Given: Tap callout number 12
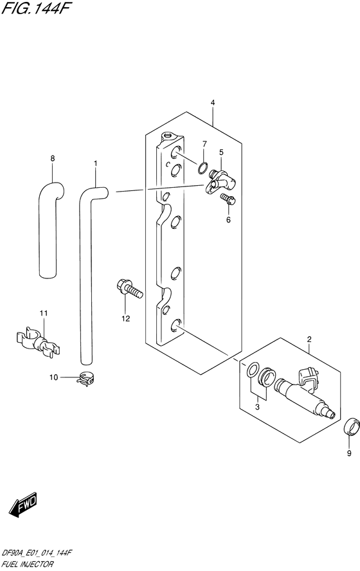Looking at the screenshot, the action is tap(125, 319).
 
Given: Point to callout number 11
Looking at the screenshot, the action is tap(44, 313).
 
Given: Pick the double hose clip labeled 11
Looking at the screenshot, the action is tap(38, 341).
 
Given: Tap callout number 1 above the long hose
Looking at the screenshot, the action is tap(95, 163).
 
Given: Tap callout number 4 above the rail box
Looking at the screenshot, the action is tap(213, 103).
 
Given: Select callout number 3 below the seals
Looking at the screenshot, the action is tap(257, 407).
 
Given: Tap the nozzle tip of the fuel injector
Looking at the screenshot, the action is tap(331, 414).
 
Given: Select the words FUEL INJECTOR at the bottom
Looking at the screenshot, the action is tap(27, 565).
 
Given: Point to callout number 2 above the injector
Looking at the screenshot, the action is tap(309, 340).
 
